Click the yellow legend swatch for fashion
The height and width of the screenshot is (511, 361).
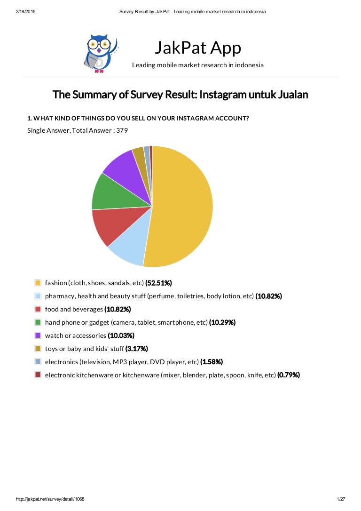coord(38,283)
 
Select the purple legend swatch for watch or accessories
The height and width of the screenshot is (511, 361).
coord(38,335)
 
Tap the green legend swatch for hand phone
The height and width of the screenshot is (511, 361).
coord(38,322)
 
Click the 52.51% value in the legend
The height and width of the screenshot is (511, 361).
coord(158,283)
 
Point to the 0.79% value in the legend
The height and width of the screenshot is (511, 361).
coord(288,375)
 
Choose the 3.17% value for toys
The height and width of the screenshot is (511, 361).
coord(136,349)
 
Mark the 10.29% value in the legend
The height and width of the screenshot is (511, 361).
coord(222,322)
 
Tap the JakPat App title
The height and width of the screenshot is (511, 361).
coord(197,48)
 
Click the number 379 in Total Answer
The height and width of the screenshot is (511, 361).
coord(122,130)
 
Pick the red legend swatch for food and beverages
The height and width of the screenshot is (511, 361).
coord(38,309)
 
